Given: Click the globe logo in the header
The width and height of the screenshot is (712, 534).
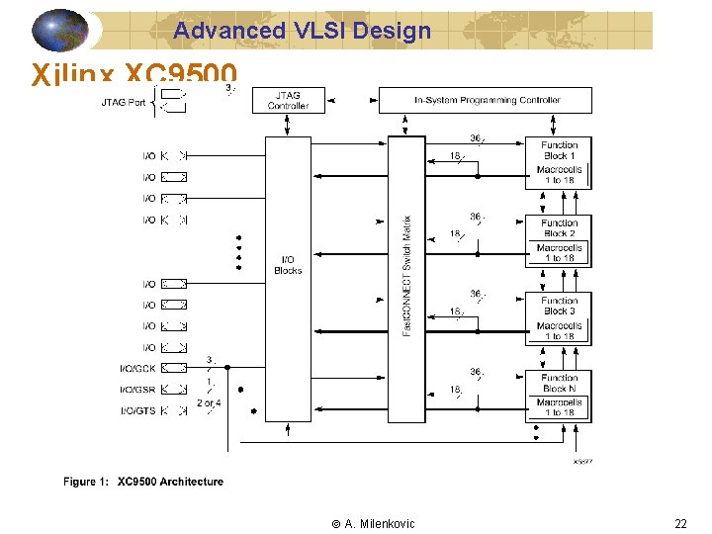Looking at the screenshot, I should pyautogui.click(x=60, y=30).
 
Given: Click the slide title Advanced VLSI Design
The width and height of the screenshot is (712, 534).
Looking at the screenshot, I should pyautogui.click(x=303, y=31).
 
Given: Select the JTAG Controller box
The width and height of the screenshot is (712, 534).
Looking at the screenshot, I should pyautogui.click(x=288, y=100).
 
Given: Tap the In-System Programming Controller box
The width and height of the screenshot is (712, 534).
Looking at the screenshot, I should pyautogui.click(x=487, y=100).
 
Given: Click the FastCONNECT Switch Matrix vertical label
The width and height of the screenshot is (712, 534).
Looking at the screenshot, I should pyautogui.click(x=406, y=275).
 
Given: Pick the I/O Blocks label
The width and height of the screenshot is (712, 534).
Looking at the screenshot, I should pyautogui.click(x=288, y=265).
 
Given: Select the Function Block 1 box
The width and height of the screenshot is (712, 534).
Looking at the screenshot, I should pyautogui.click(x=559, y=150).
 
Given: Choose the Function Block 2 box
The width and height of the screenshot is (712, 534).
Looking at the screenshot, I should pyautogui.click(x=559, y=228).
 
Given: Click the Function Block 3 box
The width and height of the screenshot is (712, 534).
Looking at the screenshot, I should pyautogui.click(x=559, y=306).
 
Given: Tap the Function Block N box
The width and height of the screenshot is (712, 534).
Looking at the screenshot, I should pyautogui.click(x=559, y=383).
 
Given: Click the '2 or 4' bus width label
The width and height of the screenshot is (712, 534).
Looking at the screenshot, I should pyautogui.click(x=209, y=403).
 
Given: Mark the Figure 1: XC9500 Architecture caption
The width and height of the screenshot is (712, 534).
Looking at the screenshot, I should pyautogui.click(x=143, y=482).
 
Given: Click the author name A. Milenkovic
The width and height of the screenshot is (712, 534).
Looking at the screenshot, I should pyautogui.click(x=373, y=524).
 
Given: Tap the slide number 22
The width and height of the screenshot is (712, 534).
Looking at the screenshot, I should pyautogui.click(x=680, y=524).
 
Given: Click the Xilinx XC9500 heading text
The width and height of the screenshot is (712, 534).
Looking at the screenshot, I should pyautogui.click(x=134, y=75).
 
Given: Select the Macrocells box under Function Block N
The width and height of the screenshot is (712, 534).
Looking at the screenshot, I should pyautogui.click(x=559, y=407).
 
